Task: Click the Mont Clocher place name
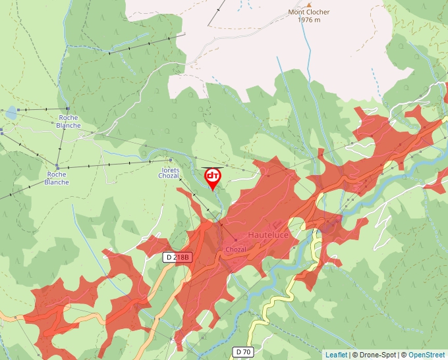pos(309,13)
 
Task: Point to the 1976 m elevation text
pos(309,20)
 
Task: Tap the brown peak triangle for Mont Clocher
pos(309,5)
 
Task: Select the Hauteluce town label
pos(268,235)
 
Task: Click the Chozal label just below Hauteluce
pos(235,249)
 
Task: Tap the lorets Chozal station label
pos(169,172)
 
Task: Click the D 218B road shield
pos(178,257)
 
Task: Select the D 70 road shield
pos(244,352)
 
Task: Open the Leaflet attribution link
pos(336,355)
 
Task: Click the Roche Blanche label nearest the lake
pos(69,122)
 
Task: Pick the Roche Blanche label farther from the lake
pos(57,178)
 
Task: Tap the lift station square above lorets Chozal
pos(170,160)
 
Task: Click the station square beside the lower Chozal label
pos(235,240)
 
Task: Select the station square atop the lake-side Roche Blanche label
pos(68,109)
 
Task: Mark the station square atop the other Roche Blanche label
pos(57,167)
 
